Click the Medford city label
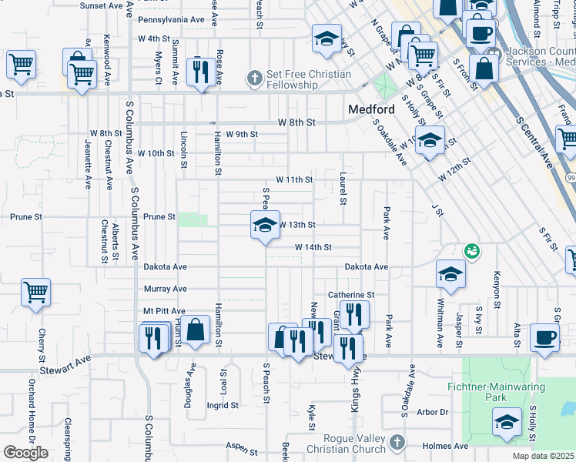click(371, 109)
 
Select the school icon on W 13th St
click(265, 226)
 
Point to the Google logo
click(25, 453)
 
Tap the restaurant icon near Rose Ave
click(202, 72)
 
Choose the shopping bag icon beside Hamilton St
click(197, 330)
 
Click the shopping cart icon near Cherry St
click(35, 293)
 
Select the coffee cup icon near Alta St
click(545, 338)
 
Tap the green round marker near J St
click(470, 251)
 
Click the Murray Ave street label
click(165, 289)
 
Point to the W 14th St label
click(313, 247)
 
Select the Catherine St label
click(350, 294)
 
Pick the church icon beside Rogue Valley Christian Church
click(397, 443)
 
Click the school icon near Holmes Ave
click(507, 422)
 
